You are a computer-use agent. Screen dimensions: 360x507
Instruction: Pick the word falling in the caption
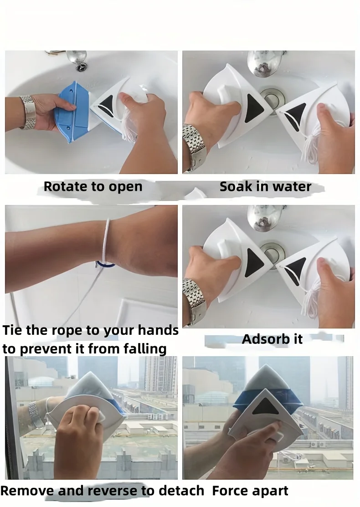coord(145,349)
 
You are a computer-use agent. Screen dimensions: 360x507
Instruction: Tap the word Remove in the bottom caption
coord(27,491)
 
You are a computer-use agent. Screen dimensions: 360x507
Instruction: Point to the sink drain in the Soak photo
coord(272,97)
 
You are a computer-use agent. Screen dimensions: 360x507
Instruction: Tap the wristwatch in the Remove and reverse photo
coord(36,414)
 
